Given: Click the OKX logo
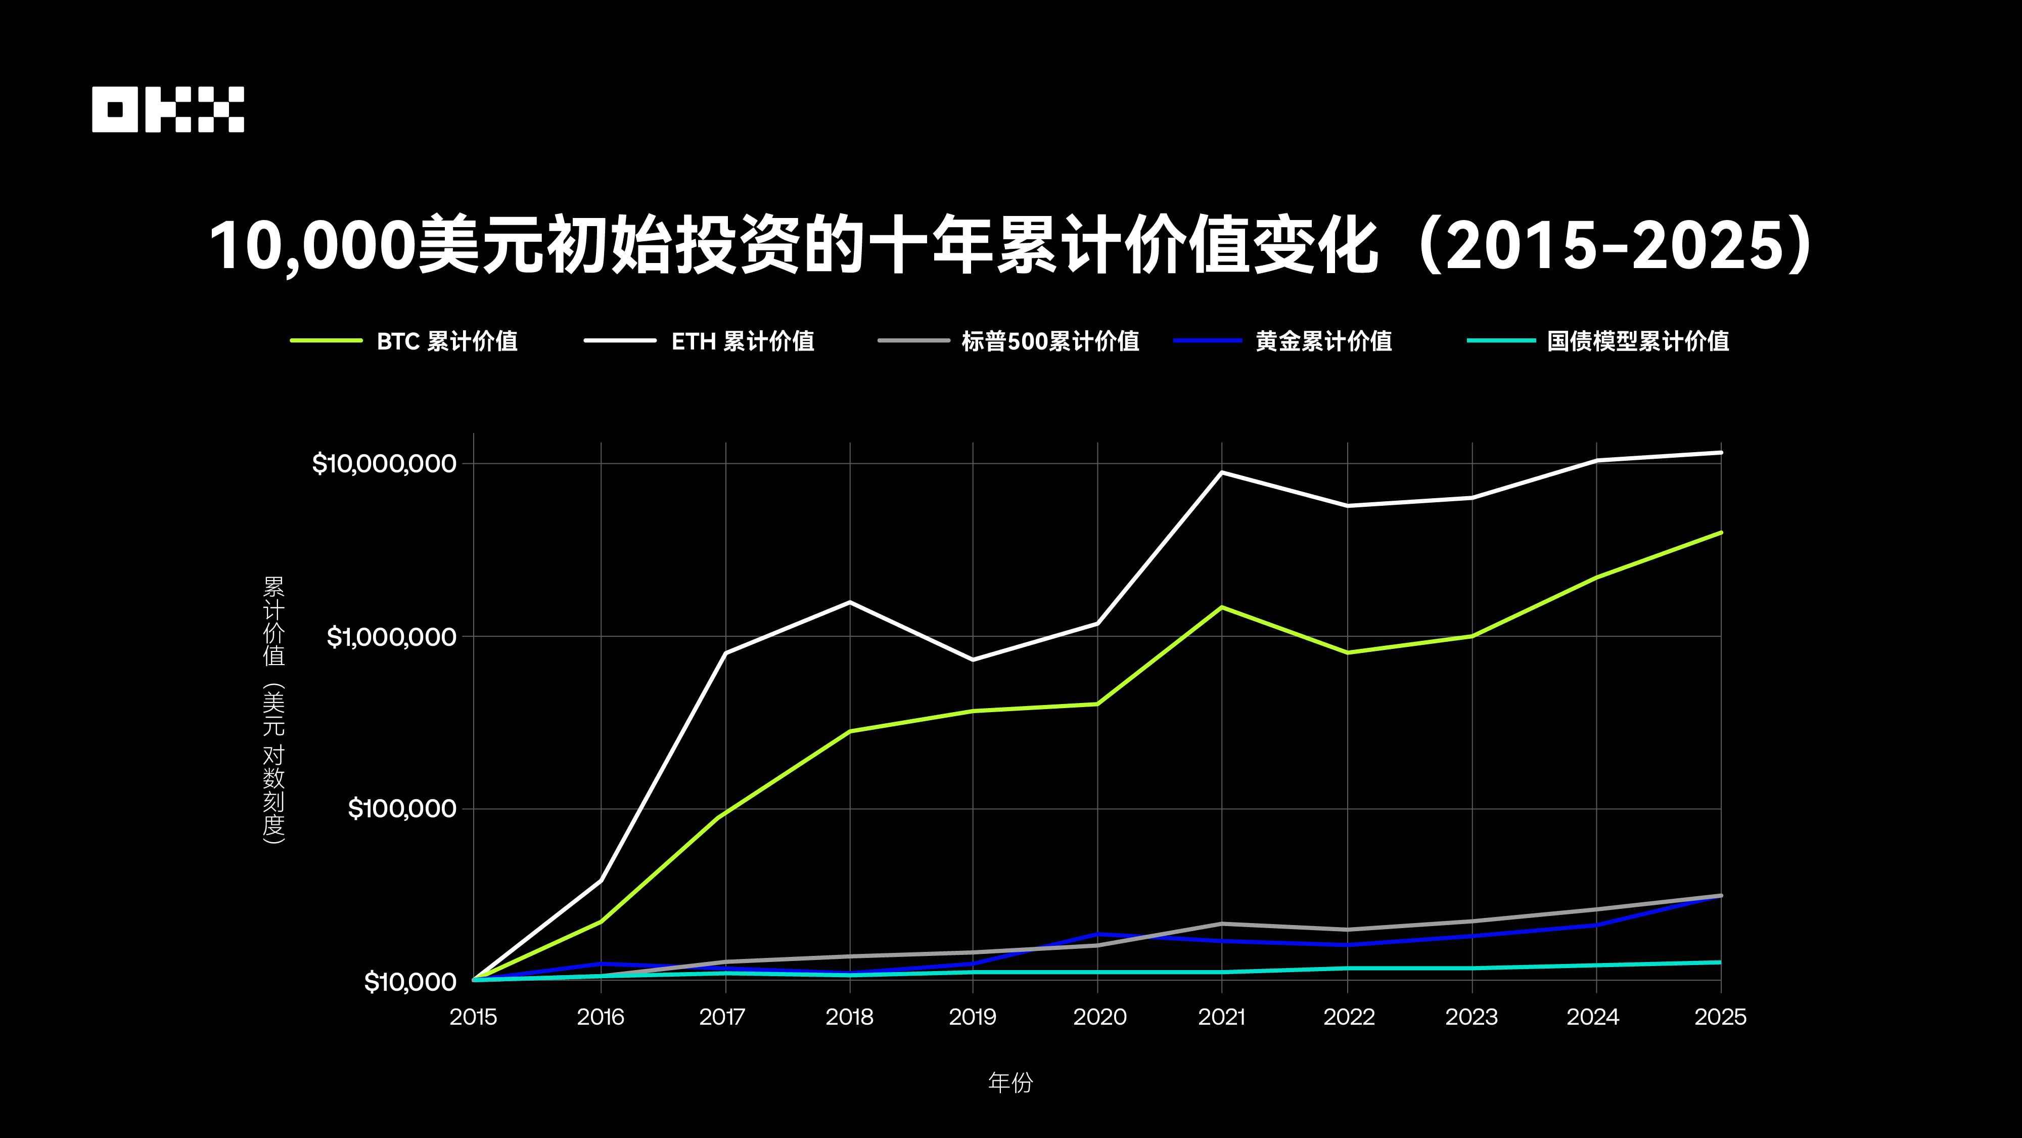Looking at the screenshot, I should pyautogui.click(x=168, y=109).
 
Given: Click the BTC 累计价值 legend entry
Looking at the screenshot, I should pyautogui.click(x=446, y=341).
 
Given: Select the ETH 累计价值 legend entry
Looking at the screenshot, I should pyautogui.click(x=742, y=341).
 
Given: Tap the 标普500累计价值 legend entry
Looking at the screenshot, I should pyautogui.click(x=1049, y=341).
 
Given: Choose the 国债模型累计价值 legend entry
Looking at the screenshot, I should pyautogui.click(x=1637, y=341).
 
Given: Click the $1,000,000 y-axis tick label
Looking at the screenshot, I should pyautogui.click(x=391, y=636).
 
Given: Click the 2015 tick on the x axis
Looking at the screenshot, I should pyautogui.click(x=473, y=1017).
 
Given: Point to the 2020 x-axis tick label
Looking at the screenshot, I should pyautogui.click(x=1099, y=1017).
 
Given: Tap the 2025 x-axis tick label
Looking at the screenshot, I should pyautogui.click(x=1720, y=1017).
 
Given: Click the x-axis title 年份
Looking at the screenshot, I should pyautogui.click(x=1010, y=1083).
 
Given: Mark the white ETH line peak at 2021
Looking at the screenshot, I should pyautogui.click(x=1221, y=472).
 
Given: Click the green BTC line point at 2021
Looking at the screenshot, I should pyautogui.click(x=1221, y=607).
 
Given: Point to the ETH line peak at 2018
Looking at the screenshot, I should pyautogui.click(x=849, y=601).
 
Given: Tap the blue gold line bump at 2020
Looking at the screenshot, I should pyautogui.click(x=1097, y=934).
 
